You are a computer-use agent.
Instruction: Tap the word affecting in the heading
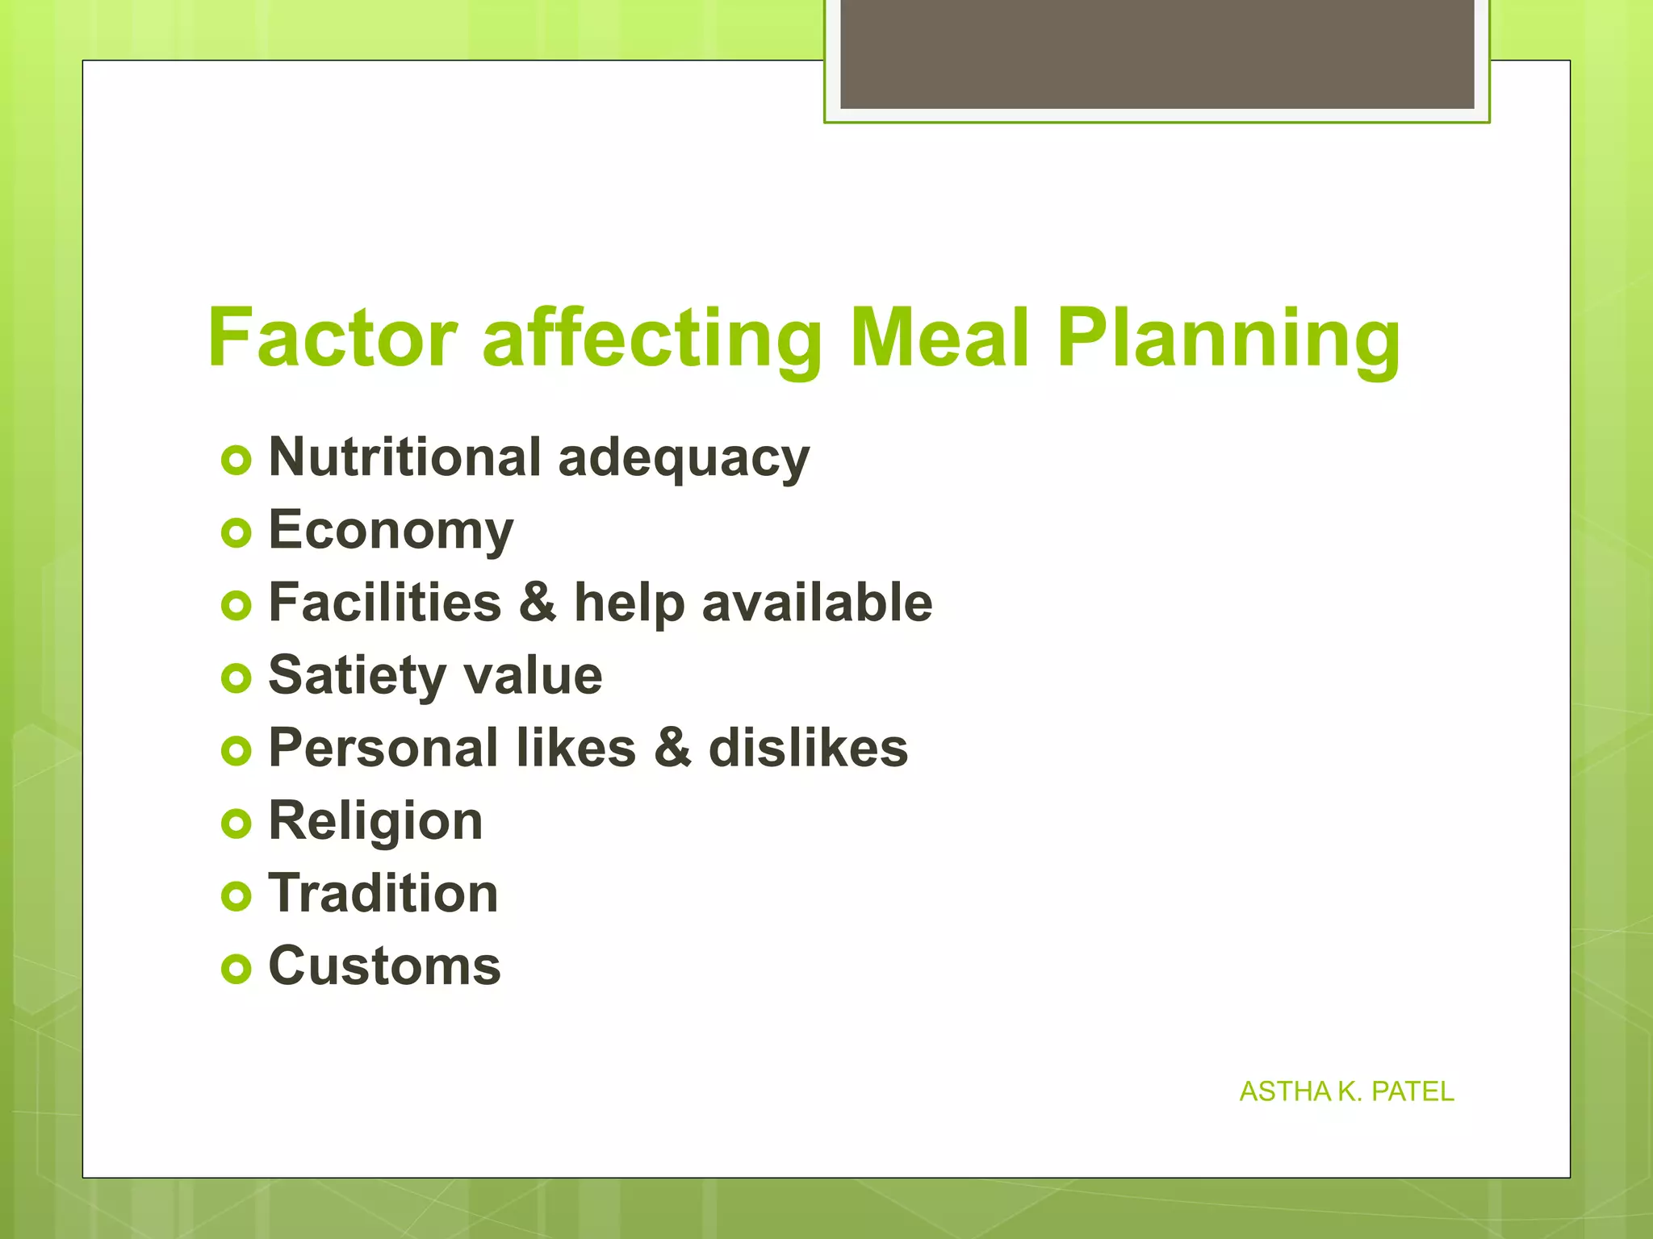click(x=652, y=339)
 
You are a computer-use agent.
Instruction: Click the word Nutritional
click(x=404, y=457)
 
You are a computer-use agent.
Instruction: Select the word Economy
click(x=391, y=532)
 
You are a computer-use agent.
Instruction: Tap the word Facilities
click(x=385, y=603)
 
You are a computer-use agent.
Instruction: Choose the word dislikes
click(x=808, y=748)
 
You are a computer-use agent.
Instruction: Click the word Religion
click(x=375, y=822)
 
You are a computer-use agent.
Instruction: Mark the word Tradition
click(x=383, y=894)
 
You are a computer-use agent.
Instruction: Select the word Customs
click(x=384, y=966)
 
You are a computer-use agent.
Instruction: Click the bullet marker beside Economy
click(x=236, y=533)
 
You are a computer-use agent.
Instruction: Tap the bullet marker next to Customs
click(x=236, y=968)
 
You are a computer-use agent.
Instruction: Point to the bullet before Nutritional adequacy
click(x=236, y=461)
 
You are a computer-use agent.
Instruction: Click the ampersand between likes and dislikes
click(x=672, y=748)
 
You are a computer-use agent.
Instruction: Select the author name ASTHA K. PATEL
click(x=1346, y=1091)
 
